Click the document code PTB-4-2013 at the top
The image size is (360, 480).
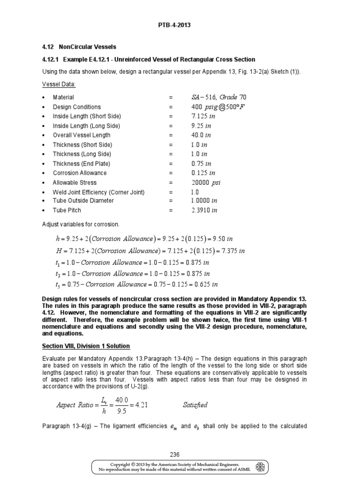180,25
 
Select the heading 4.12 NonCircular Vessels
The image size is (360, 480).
79,47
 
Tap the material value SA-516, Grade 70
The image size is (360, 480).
218,97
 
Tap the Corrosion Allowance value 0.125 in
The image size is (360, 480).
201,173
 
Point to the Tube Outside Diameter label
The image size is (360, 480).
83,201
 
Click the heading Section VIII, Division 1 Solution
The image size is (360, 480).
86,346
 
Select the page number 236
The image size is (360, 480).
180,454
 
